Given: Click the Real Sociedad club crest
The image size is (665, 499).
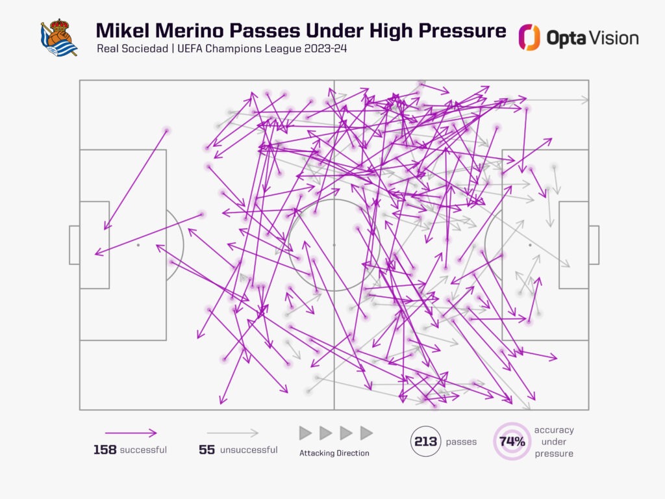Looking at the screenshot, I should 58,38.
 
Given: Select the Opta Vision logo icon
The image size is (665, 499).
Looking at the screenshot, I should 529,38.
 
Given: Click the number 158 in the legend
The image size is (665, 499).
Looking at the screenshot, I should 105,450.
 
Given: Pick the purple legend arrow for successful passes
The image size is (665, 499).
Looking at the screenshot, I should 131,433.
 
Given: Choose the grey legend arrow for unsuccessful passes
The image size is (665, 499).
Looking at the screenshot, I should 232,433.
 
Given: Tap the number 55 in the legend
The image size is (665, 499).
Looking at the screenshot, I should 207,450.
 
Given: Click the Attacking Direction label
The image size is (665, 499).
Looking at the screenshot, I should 334,453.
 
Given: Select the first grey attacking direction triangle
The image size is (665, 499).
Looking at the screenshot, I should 305,433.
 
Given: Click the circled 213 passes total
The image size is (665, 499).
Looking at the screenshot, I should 426,442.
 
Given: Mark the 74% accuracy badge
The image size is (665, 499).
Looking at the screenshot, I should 512,442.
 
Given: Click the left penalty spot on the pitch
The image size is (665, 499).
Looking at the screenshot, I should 138,245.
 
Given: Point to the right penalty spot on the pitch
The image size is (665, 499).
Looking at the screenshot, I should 530,245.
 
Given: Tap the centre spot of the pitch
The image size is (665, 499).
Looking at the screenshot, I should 334,245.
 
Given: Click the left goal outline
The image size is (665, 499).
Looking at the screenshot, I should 74,245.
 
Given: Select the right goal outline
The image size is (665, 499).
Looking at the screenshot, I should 594,245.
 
